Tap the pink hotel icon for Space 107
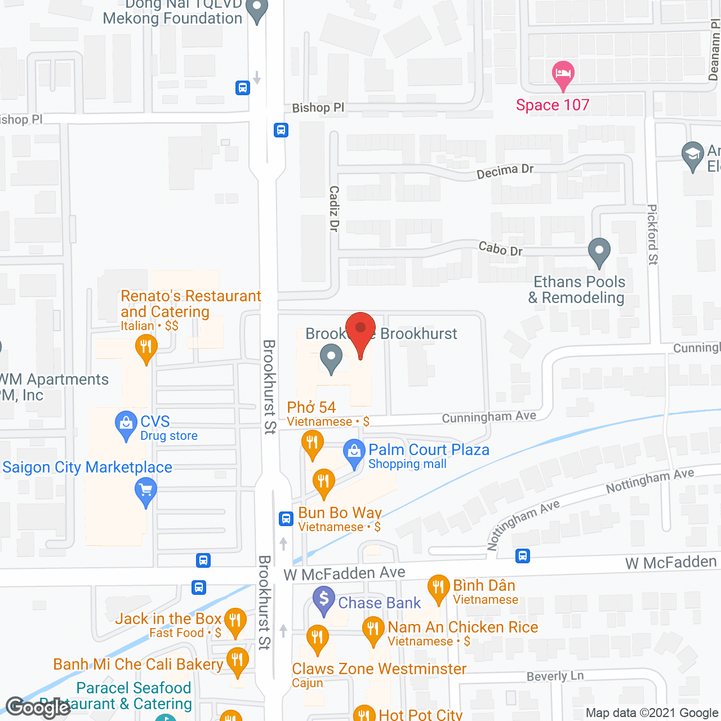(x=563, y=74)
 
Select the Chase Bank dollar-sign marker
(x=324, y=599)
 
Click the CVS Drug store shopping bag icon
(x=126, y=424)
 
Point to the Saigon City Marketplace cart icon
(x=146, y=491)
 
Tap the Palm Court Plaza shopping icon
(x=354, y=452)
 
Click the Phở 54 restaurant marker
(x=311, y=443)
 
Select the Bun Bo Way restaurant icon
(x=323, y=482)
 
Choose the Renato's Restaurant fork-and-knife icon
(x=146, y=347)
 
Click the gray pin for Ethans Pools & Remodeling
(x=599, y=251)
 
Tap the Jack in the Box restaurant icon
(x=235, y=621)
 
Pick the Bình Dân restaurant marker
(x=438, y=588)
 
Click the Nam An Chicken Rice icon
(x=373, y=629)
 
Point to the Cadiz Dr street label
(x=334, y=208)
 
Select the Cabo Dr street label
(x=500, y=248)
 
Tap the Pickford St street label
(x=652, y=234)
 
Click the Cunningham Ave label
(x=489, y=417)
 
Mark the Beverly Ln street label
(x=555, y=676)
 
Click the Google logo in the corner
(x=38, y=707)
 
